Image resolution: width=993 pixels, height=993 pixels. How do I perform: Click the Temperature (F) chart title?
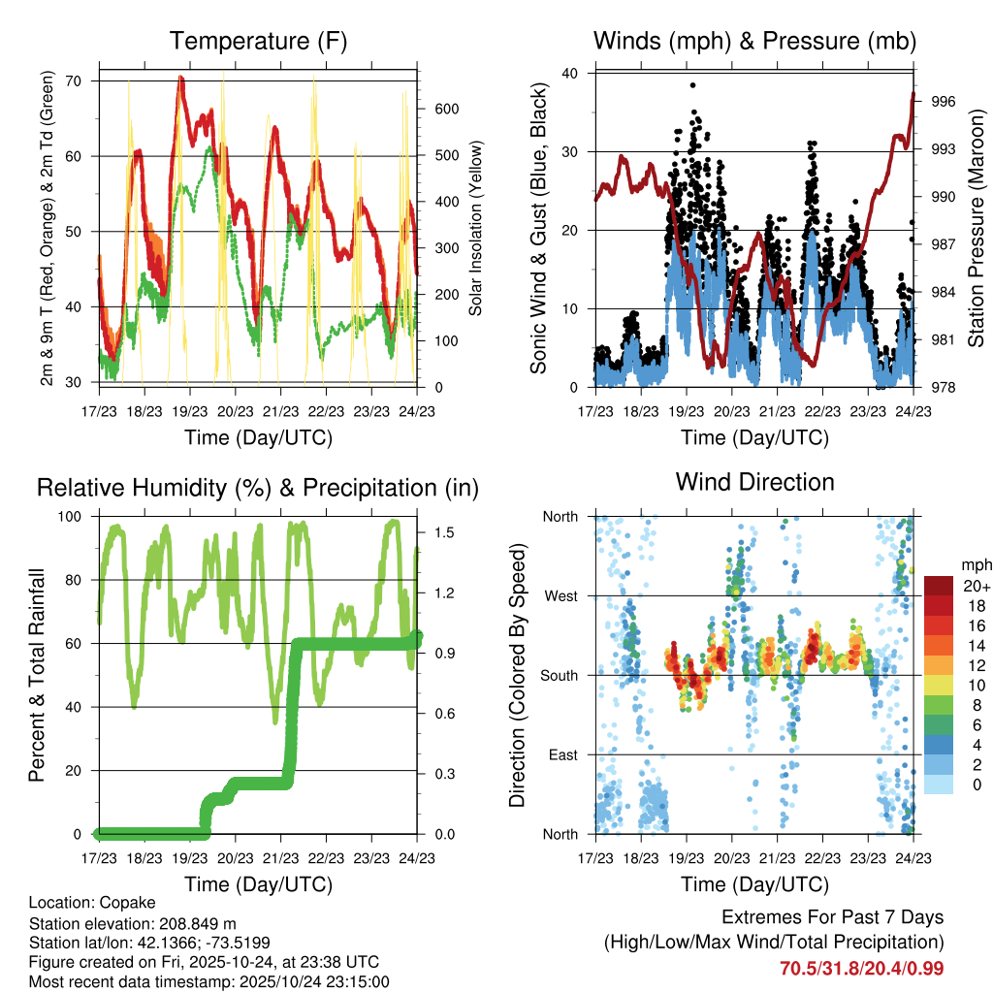pos(258,41)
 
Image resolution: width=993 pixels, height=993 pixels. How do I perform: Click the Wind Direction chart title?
pos(754,481)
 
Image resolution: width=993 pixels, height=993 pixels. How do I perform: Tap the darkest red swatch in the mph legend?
pos(938,585)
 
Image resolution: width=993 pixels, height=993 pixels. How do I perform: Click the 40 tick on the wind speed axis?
pos(570,73)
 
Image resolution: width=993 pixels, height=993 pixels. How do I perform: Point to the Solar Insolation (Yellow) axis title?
pos(476,229)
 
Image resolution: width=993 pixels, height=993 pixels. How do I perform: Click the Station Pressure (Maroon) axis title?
pos(976,229)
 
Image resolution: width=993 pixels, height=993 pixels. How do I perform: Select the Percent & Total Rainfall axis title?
pos(36,676)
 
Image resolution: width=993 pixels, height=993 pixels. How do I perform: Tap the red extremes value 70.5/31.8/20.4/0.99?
pos(861,968)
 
